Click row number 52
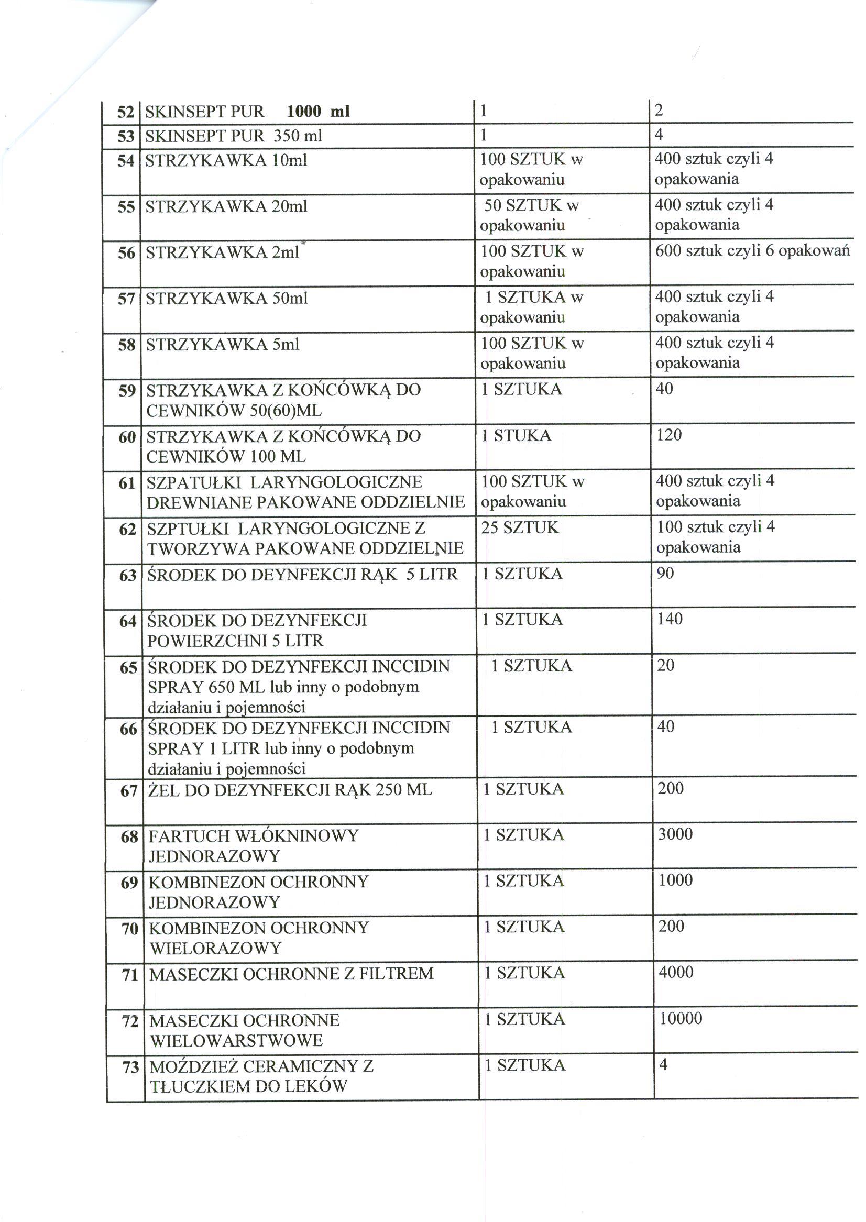[125, 112]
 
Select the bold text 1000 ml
[319, 111]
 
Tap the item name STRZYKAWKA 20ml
[226, 206]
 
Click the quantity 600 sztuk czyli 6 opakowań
[752, 250]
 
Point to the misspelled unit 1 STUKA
[516, 435]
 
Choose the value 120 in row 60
[669, 435]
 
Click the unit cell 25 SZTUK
[519, 527]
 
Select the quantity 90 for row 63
[665, 573]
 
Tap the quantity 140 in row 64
[670, 619]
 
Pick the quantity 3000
[675, 834]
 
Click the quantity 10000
[681, 1018]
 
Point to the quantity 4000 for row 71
[676, 972]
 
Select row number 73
[130, 1067]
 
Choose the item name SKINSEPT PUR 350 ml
[234, 136]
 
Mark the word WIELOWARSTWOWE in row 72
[236, 1040]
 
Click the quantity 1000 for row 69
[675, 880]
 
